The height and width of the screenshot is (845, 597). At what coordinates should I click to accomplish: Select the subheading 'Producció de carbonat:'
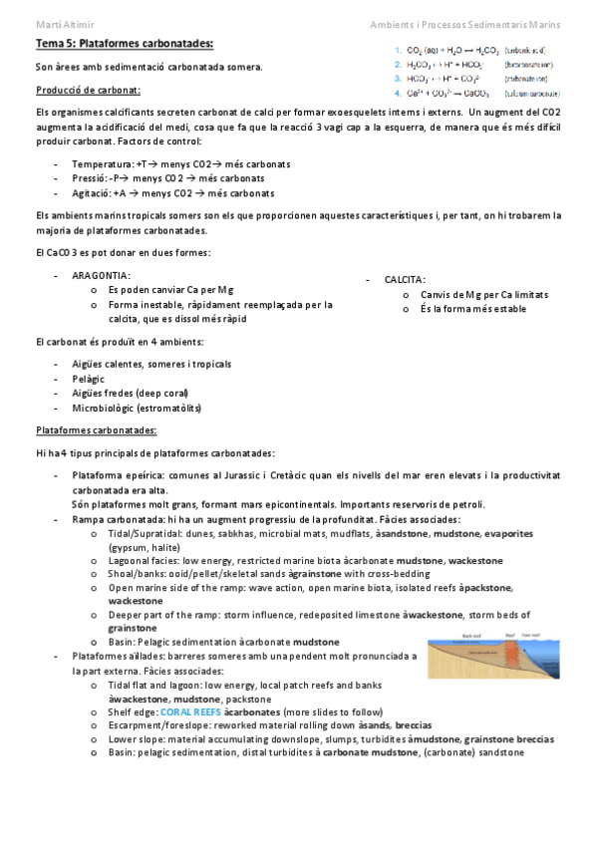tap(85, 90)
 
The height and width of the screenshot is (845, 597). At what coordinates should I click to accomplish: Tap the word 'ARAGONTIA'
tap(101, 274)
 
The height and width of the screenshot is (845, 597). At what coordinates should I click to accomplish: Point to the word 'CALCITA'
tap(404, 280)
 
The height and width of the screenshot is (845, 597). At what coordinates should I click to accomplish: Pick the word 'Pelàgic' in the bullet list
tap(89, 379)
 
